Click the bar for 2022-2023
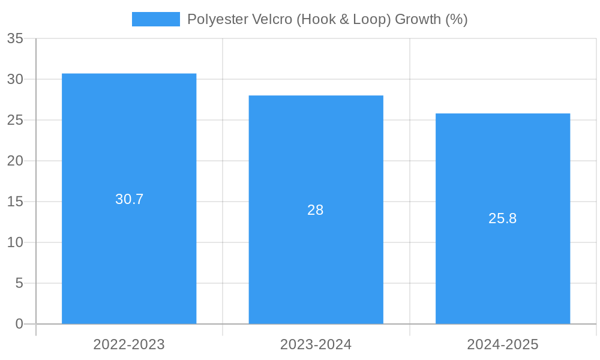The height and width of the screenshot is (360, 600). pyautogui.click(x=129, y=240)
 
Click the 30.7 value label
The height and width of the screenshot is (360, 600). pyautogui.click(x=130, y=199)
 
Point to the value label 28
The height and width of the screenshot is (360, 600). pyautogui.click(x=316, y=210)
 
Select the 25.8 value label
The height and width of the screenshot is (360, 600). pyautogui.click(x=503, y=218)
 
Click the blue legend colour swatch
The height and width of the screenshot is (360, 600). pyautogui.click(x=156, y=19)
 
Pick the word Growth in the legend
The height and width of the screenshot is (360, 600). pyautogui.click(x=418, y=19)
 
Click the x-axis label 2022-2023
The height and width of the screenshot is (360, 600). pyautogui.click(x=129, y=344)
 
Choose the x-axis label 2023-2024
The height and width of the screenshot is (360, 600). pyautogui.click(x=316, y=344)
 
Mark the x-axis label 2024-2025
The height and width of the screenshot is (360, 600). pyautogui.click(x=503, y=344)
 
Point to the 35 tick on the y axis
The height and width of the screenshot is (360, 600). pyautogui.click(x=15, y=39)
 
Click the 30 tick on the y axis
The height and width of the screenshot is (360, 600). pyautogui.click(x=15, y=79)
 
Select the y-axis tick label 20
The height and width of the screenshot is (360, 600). pyautogui.click(x=15, y=161)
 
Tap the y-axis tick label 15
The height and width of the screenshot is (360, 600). pyautogui.click(x=15, y=202)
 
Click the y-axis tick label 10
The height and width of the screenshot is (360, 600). pyautogui.click(x=15, y=242)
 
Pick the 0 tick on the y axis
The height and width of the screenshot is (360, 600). pyautogui.click(x=19, y=324)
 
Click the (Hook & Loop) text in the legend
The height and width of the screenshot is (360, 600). pyautogui.click(x=343, y=19)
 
